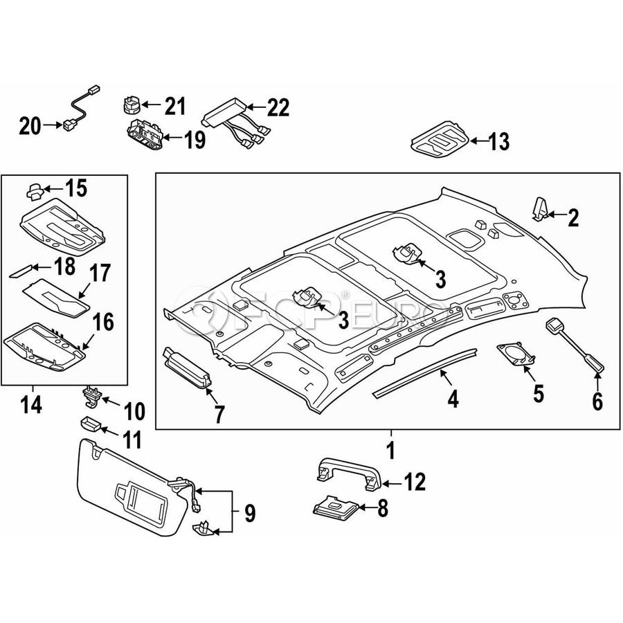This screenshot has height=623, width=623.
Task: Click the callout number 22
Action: (278, 108)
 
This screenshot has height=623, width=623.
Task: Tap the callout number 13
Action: (498, 142)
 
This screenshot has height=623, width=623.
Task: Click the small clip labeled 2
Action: (541, 208)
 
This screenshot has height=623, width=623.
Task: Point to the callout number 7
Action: (219, 415)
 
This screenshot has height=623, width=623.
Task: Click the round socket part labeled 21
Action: (132, 105)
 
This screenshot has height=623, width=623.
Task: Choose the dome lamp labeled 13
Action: (440, 142)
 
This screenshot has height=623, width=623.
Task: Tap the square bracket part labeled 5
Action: (516, 354)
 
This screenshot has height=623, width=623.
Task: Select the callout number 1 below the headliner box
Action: (390, 450)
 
